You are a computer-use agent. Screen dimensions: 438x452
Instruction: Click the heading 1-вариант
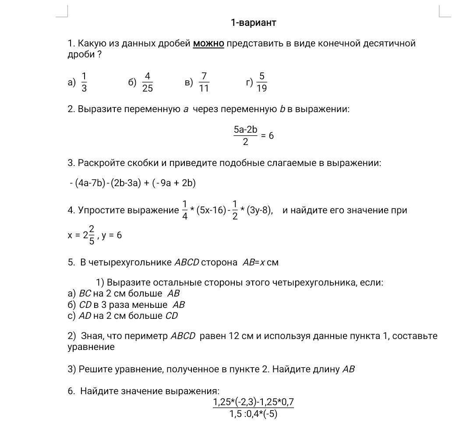click(253, 23)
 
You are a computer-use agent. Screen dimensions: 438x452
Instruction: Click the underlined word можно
click(208, 43)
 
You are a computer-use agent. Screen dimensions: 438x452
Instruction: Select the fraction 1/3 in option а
click(84, 82)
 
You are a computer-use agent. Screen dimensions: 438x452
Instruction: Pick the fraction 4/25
click(148, 82)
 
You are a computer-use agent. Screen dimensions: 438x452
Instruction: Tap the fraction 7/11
click(204, 82)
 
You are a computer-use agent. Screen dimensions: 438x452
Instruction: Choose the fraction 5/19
click(261, 82)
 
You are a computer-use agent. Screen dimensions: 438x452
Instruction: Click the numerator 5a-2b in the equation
click(245, 130)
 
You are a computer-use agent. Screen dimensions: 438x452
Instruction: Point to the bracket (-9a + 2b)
click(174, 183)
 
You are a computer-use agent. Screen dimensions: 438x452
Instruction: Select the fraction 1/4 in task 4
click(185, 210)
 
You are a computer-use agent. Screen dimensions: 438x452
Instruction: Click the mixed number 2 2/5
click(88, 235)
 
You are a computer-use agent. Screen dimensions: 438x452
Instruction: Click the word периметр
click(146, 336)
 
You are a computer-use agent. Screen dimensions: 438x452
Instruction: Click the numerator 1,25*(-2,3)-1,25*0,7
click(253, 402)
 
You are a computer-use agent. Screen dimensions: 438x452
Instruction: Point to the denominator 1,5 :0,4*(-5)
click(253, 414)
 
